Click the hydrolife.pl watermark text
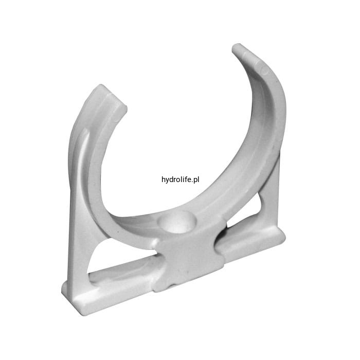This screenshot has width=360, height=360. coord(180,180)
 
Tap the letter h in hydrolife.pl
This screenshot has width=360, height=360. coord(163,179)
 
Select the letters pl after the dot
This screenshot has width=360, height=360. coord(196,180)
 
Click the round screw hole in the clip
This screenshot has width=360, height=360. coord(178,221)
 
